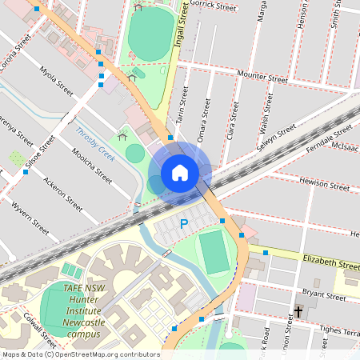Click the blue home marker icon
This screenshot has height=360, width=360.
click(x=180, y=173)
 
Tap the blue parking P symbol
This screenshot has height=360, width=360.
click(x=183, y=225)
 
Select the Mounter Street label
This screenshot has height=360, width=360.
click(x=267, y=78)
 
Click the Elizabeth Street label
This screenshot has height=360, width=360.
click(x=330, y=262)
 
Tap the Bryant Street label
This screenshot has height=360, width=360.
click(x=324, y=297)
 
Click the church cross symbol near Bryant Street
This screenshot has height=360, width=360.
click(x=299, y=310)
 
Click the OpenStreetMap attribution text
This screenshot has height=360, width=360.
click(x=80, y=354)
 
